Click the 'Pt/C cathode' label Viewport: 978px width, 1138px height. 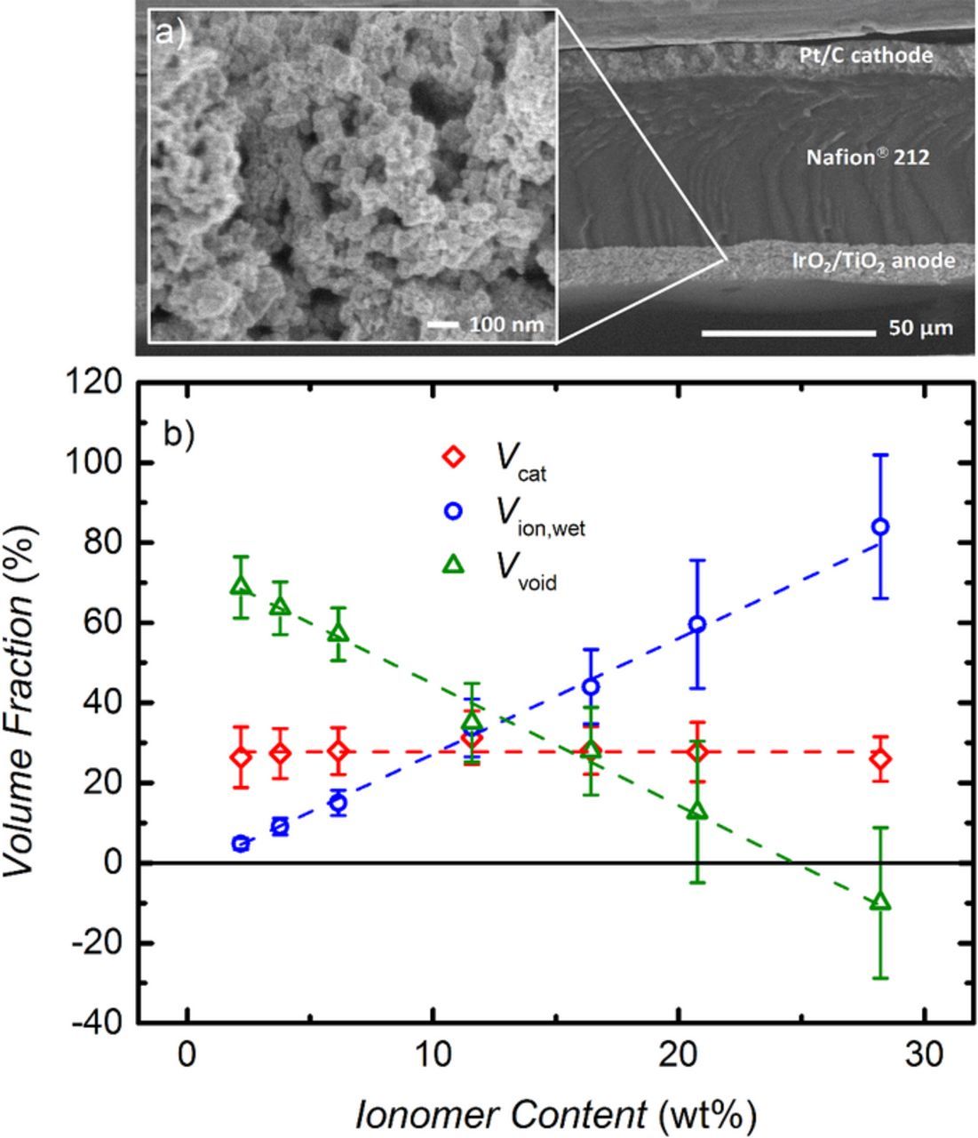[863, 55]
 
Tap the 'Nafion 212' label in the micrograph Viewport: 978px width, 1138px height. [867, 157]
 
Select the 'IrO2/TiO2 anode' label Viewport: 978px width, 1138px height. [873, 260]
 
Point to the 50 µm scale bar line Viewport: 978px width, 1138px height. [788, 333]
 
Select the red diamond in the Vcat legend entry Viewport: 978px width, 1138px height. [454, 457]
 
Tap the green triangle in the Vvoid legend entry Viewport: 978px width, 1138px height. [454, 563]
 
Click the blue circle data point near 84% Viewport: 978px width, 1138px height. [880, 526]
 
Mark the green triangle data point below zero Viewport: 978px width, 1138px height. [880, 902]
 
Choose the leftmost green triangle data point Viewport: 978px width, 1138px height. [241, 587]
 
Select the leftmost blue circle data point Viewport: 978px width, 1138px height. [241, 843]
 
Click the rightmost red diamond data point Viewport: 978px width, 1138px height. [880, 759]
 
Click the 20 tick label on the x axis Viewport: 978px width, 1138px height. [678, 1060]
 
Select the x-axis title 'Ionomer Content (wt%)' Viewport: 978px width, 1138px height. [556, 1114]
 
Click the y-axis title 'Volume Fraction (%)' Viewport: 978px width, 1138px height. [24, 702]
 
